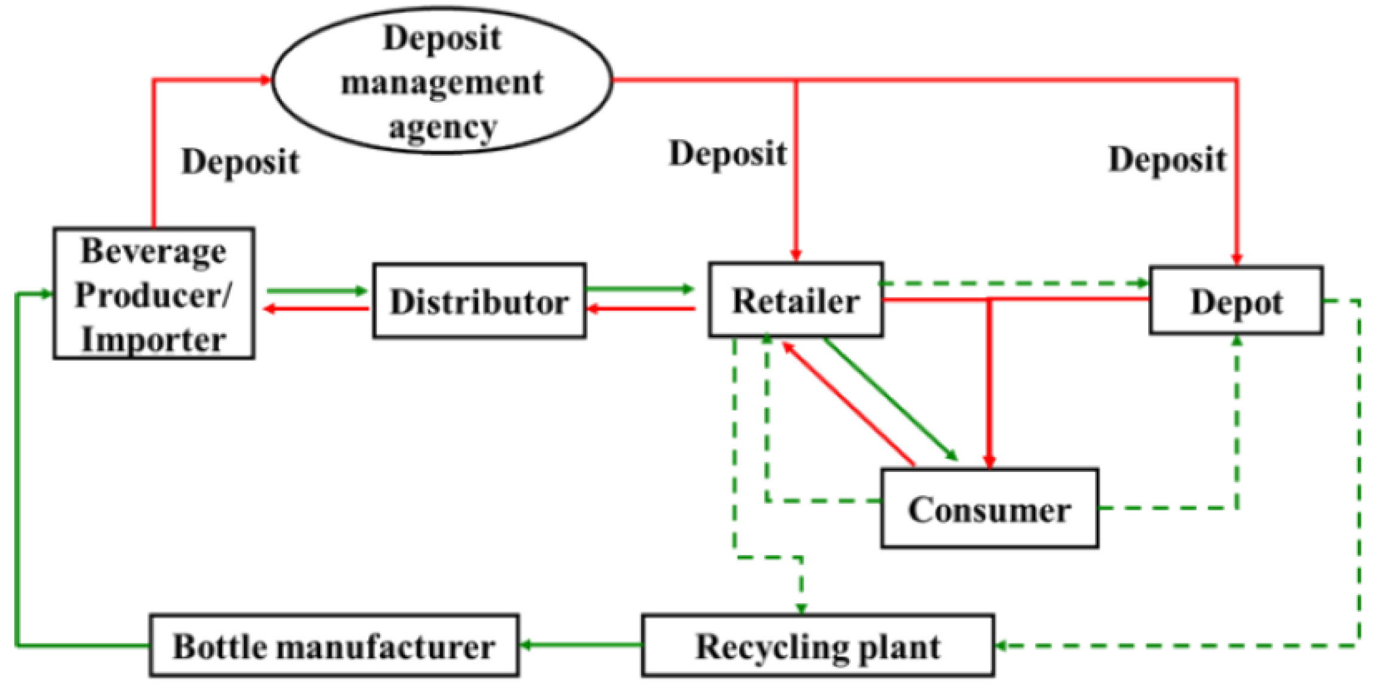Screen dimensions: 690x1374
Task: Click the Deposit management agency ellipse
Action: point(442,81)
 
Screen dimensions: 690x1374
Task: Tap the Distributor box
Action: point(479,301)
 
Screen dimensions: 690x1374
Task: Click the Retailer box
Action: point(796,300)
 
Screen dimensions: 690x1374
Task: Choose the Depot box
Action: point(1236,300)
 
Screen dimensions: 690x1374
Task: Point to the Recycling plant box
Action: point(818,646)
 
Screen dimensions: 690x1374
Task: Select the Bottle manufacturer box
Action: point(334,646)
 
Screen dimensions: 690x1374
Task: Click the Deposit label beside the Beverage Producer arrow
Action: point(240,161)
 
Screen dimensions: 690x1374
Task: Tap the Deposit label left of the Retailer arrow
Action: point(728,154)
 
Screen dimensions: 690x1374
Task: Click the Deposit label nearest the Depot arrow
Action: point(1167,160)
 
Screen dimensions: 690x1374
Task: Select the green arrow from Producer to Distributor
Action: point(317,291)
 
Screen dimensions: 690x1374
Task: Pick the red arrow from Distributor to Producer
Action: point(317,309)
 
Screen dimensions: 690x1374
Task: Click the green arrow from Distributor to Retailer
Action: point(639,289)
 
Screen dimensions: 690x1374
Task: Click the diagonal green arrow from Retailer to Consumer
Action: point(890,399)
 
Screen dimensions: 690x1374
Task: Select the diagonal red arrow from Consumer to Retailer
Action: point(848,403)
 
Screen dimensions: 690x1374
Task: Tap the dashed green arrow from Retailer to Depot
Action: point(1016,283)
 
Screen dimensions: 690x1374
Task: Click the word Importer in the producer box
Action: point(154,339)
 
